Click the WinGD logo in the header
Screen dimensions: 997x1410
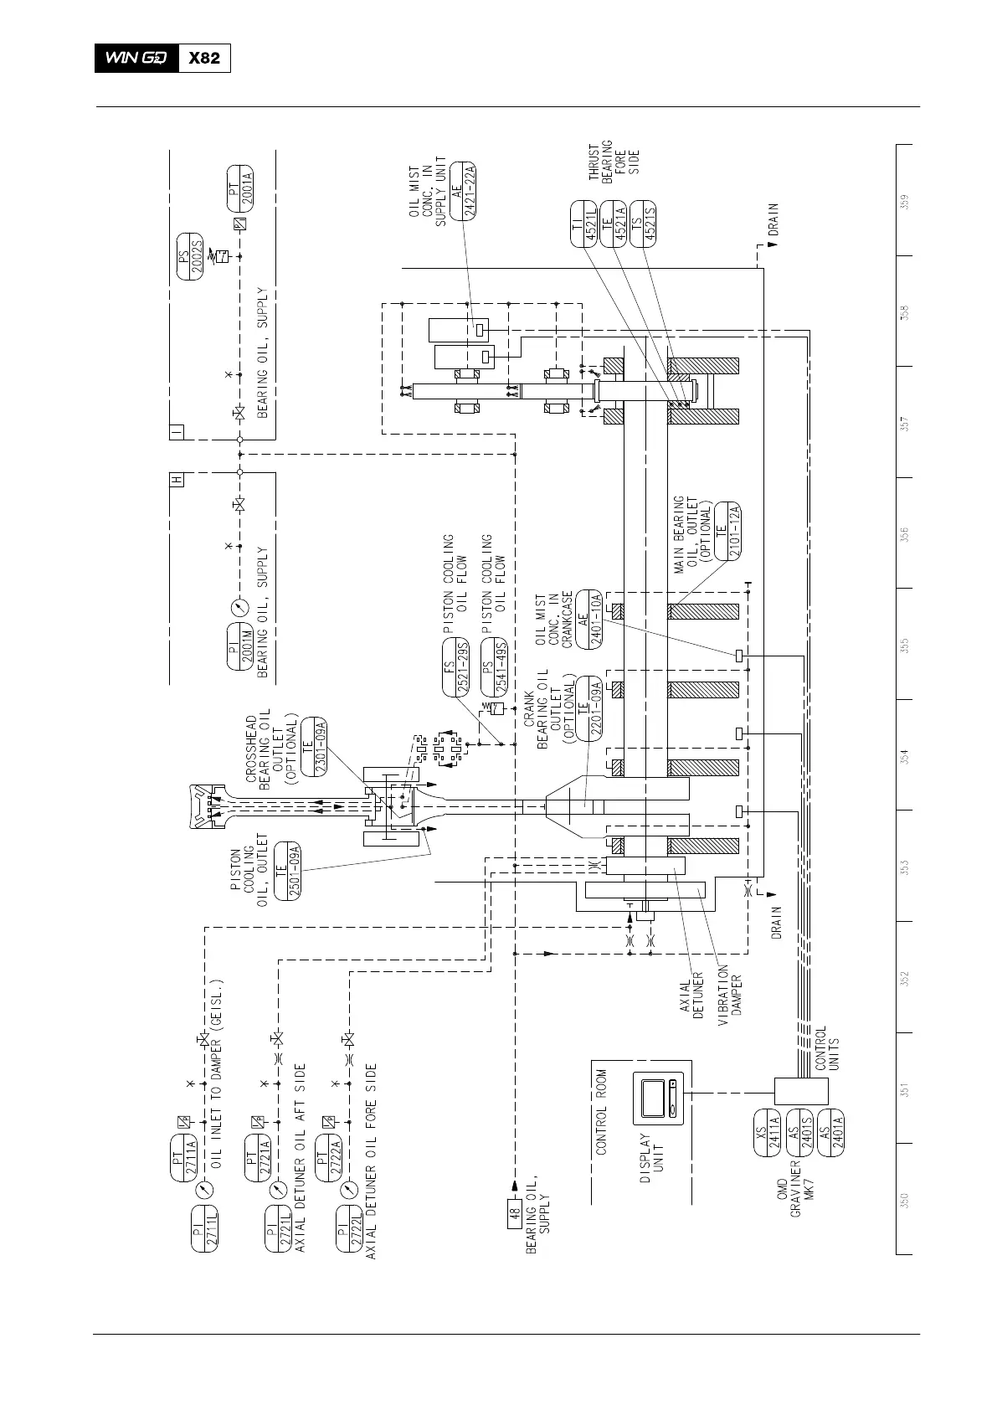click(x=136, y=59)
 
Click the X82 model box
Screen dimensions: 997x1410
click(x=205, y=59)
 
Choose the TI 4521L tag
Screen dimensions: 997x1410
click(x=583, y=224)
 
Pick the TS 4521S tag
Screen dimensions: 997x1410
click(x=644, y=224)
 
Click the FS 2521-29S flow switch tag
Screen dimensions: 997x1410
click(x=455, y=668)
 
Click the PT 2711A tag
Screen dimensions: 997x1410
click(x=183, y=1158)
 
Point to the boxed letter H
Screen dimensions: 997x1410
click(x=176, y=481)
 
